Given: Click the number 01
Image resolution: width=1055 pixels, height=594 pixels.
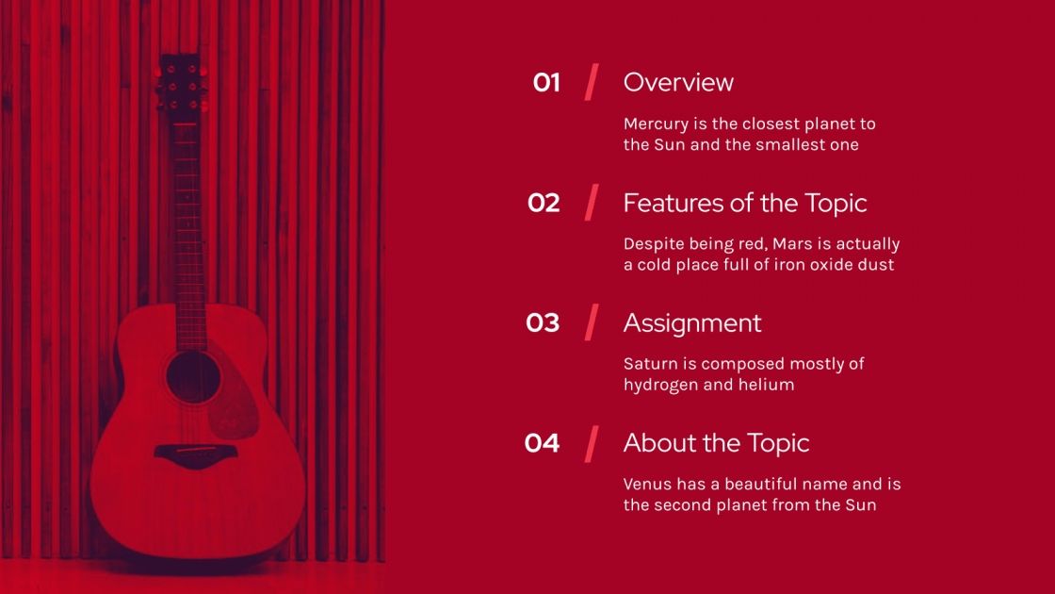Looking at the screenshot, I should [546, 83].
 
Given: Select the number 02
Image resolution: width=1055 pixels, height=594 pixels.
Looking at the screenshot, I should [544, 203].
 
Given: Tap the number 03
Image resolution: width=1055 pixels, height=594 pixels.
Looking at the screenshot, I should [543, 322].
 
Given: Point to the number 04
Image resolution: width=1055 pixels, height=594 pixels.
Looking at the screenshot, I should [542, 443].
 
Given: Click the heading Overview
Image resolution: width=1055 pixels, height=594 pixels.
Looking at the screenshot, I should [678, 83].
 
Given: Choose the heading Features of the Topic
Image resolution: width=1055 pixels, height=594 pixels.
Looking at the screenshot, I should [744, 203].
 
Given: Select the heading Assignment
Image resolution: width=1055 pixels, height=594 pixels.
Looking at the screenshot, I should [692, 323].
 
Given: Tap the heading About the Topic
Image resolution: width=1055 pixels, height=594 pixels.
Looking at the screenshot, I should [716, 443].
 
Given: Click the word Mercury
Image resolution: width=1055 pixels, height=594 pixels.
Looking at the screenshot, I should [656, 124].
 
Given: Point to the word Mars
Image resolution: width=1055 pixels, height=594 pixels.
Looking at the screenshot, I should [792, 244].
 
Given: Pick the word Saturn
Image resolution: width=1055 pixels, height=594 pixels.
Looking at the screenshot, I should [650, 364].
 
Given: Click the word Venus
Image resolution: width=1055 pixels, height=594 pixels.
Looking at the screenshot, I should [647, 485].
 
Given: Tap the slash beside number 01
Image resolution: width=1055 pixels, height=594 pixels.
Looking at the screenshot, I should [592, 82].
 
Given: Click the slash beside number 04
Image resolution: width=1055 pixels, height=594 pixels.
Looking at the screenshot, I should [592, 443].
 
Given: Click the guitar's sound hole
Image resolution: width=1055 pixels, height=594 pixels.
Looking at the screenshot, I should [193, 377].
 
